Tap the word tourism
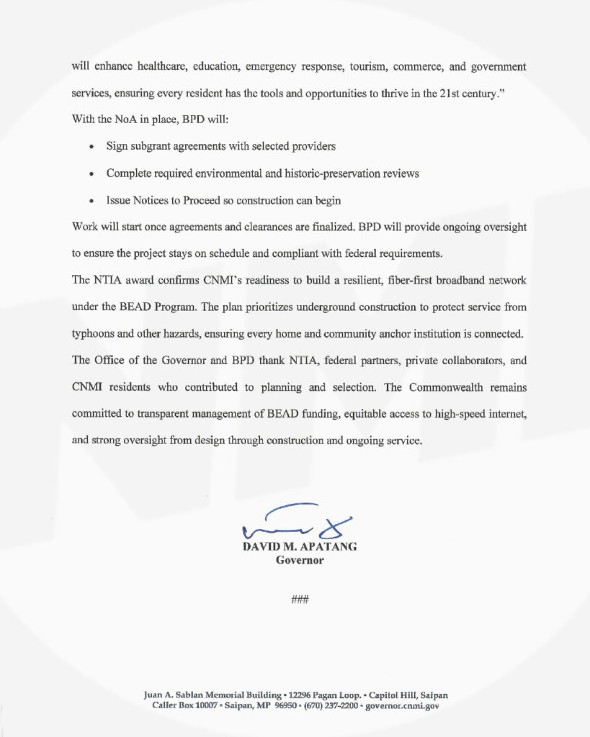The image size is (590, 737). [370, 67]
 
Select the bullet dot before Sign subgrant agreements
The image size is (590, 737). [91, 147]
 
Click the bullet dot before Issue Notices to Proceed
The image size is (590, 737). [91, 201]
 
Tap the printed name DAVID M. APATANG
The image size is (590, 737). [300, 547]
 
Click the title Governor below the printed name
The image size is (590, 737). [300, 560]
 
